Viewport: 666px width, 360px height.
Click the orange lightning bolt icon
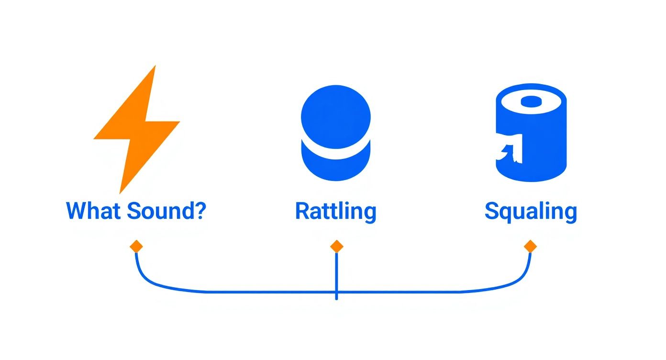pyautogui.click(x=137, y=131)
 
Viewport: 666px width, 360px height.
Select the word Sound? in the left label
pyautogui.click(x=166, y=211)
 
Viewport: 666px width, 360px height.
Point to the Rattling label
pyautogui.click(x=336, y=212)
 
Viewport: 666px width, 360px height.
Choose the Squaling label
pyautogui.click(x=531, y=212)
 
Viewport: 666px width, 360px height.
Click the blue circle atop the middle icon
pyautogui.click(x=336, y=117)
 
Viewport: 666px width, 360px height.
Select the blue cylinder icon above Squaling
pyautogui.click(x=531, y=133)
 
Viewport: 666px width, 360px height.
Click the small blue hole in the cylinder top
pyautogui.click(x=531, y=101)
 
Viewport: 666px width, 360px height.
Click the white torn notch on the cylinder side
pyautogui.click(x=510, y=148)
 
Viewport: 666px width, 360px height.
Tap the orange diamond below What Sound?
pyautogui.click(x=136, y=247)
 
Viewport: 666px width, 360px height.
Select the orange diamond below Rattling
pyautogui.click(x=336, y=247)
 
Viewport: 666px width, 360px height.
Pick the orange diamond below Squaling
pyautogui.click(x=531, y=247)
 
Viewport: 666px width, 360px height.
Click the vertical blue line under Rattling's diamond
pyautogui.click(x=336, y=276)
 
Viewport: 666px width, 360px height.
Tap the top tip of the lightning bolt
pyautogui.click(x=155, y=66)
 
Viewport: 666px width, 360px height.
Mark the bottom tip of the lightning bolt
pyautogui.click(x=120, y=193)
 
